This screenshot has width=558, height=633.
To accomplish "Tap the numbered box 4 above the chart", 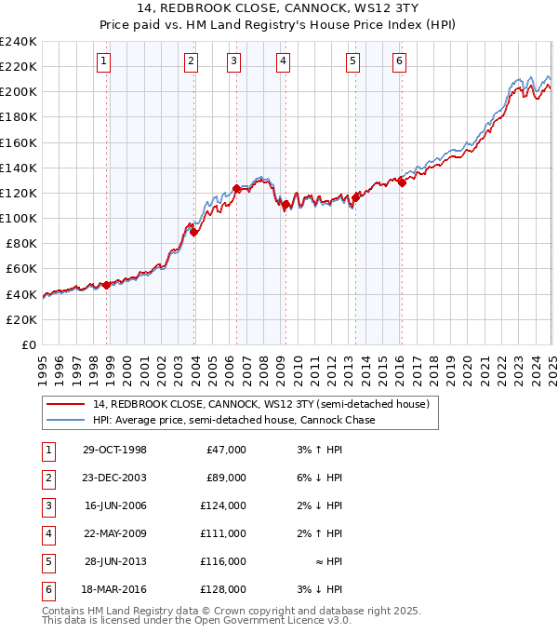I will [x=282, y=62].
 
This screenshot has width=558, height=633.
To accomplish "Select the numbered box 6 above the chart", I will [x=399, y=62].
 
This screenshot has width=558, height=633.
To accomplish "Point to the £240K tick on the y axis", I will [x=19, y=42].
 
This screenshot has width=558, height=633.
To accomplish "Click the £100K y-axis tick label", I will [x=19, y=218].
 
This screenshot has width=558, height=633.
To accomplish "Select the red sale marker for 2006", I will [x=236, y=189].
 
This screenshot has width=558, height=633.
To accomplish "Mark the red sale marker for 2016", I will [x=402, y=183].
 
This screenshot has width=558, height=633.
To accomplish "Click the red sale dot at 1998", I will [x=107, y=285].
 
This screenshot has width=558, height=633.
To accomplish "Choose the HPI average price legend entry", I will [x=233, y=420].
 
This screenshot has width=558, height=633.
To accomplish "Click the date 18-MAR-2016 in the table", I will [x=115, y=589].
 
